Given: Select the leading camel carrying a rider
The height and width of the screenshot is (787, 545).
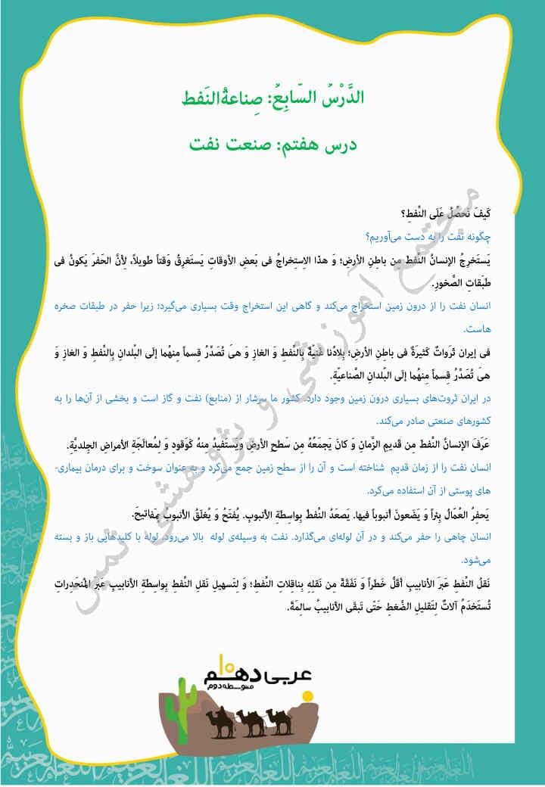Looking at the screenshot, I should (217, 722).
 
